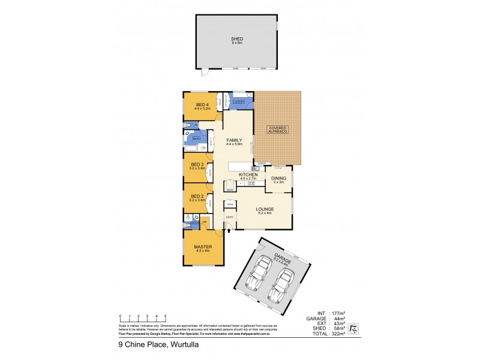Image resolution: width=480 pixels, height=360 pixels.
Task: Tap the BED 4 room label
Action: (x=203, y=104)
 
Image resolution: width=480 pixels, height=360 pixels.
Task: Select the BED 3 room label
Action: (x=197, y=164)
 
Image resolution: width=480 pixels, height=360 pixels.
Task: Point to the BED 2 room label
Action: (x=197, y=196)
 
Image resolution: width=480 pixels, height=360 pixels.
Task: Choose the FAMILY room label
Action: (x=234, y=140)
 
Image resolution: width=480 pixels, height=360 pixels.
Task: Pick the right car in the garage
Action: (x=282, y=286)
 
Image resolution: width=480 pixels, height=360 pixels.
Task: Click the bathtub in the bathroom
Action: (x=193, y=147)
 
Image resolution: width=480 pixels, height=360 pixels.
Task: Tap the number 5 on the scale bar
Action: (x=165, y=315)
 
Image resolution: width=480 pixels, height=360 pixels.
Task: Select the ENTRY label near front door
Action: (x=229, y=217)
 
